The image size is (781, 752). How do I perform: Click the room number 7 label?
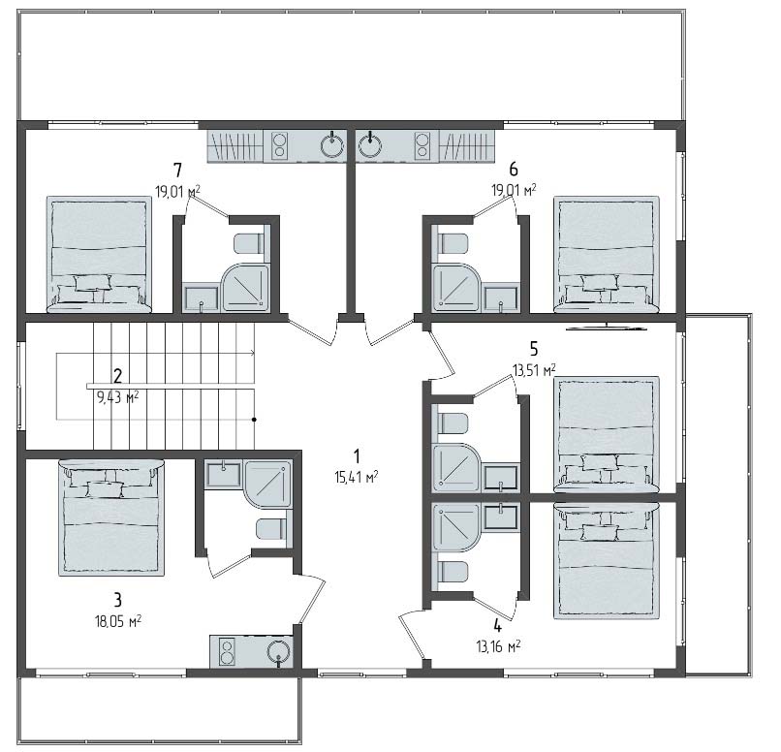point(178,171)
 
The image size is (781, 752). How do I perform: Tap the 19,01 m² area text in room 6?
point(514,190)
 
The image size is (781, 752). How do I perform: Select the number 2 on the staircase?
point(117,375)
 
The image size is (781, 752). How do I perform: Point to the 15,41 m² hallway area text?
point(357,478)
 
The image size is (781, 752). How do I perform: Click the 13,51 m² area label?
point(534,370)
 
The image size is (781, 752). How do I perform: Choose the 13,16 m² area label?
point(498,646)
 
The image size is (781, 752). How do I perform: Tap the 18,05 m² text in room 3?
point(118,621)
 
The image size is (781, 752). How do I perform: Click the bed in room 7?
point(99,254)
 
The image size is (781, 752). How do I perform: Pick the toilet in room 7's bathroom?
point(248,243)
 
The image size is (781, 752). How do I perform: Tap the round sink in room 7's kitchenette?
point(331,145)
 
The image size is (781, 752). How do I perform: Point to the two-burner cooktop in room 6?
point(422,145)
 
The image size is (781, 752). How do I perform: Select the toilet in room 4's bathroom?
point(453,572)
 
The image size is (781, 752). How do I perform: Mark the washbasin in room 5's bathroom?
point(502,477)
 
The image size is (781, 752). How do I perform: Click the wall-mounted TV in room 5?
point(607,328)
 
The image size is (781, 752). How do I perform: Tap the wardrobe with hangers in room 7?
point(235,145)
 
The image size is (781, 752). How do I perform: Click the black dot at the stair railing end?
point(254,420)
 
